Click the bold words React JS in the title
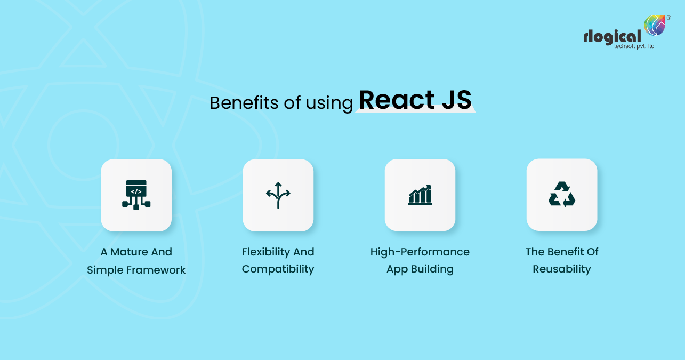(x=415, y=100)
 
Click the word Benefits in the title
(x=244, y=102)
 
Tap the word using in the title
(x=329, y=104)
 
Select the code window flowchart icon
(x=136, y=195)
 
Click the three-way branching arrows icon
(x=278, y=195)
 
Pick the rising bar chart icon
(x=420, y=195)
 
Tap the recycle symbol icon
(x=562, y=195)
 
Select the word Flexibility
(x=265, y=252)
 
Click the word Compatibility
(x=278, y=269)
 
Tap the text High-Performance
(x=420, y=252)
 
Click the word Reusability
(x=562, y=269)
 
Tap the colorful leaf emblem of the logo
(x=655, y=25)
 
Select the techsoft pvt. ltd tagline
(x=634, y=46)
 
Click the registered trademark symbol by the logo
(x=669, y=18)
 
